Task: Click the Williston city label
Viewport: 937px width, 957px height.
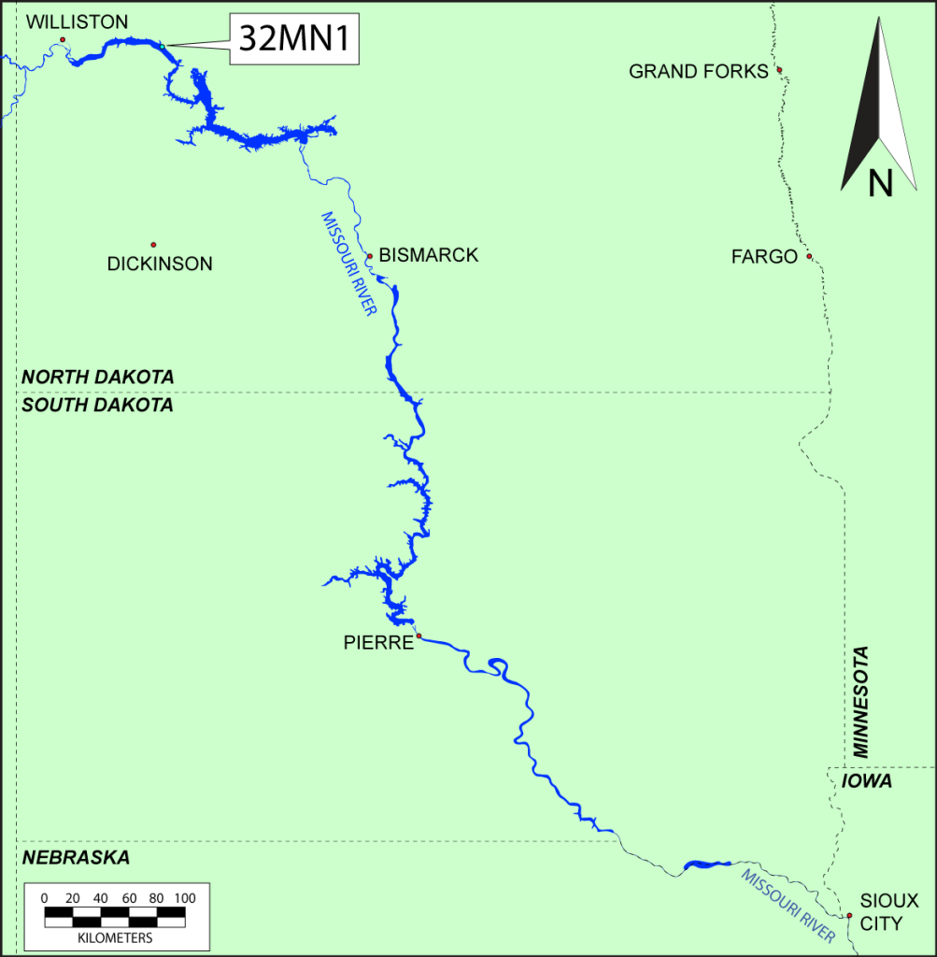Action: (78, 21)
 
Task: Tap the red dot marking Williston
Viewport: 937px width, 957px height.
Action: (63, 39)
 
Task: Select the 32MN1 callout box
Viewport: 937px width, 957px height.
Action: (294, 40)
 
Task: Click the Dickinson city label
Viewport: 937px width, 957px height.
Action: (160, 264)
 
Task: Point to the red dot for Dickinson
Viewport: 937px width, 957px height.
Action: (153, 245)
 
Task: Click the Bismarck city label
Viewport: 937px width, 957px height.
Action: (429, 255)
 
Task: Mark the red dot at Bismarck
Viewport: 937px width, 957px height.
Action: (370, 256)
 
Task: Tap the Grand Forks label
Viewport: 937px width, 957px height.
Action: (698, 71)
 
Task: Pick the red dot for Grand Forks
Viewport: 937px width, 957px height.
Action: (779, 70)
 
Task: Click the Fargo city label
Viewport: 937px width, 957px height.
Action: (764, 256)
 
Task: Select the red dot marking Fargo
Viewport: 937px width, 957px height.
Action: (809, 257)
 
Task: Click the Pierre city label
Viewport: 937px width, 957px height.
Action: (378, 643)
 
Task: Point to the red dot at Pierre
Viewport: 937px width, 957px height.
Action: (419, 636)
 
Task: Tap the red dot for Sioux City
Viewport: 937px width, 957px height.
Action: (849, 916)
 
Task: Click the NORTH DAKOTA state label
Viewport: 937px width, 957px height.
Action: (98, 377)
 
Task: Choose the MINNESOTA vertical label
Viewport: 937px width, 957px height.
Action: (860, 701)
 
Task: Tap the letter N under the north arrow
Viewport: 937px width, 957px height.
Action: (880, 183)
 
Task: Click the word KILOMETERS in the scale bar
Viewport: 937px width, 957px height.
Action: (116, 936)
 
